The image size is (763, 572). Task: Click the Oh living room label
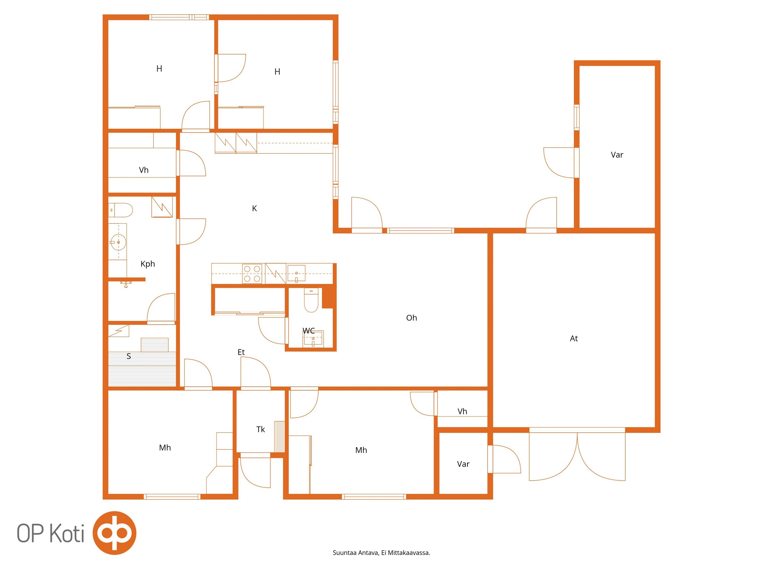(x=411, y=318)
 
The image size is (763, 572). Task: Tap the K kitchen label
(x=254, y=208)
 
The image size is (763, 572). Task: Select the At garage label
(x=574, y=339)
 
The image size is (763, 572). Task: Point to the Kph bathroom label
(x=148, y=264)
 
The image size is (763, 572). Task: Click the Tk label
(x=260, y=429)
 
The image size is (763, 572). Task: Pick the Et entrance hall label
(x=241, y=352)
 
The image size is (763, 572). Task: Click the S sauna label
(x=129, y=356)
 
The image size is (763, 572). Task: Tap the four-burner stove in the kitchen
(x=252, y=274)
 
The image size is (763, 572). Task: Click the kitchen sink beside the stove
(x=296, y=273)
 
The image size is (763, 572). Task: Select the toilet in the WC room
(x=311, y=300)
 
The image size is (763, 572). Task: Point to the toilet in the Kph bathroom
(x=121, y=210)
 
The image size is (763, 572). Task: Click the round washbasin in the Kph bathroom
(x=118, y=242)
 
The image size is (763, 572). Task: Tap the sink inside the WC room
(x=313, y=339)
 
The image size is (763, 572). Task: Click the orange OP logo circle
(x=114, y=533)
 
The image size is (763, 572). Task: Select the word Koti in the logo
(x=67, y=533)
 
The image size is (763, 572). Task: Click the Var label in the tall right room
(x=617, y=155)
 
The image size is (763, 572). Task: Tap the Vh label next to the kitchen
(x=143, y=170)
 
